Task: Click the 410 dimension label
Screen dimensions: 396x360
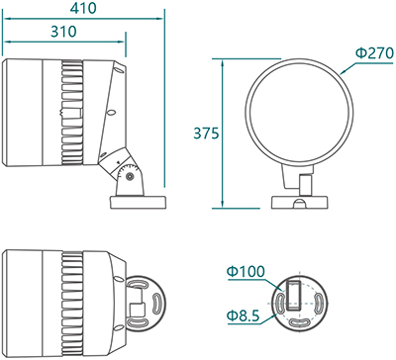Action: tap(83, 8)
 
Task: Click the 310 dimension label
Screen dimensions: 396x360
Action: tap(63, 32)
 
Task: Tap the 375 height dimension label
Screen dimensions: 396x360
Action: tap(206, 134)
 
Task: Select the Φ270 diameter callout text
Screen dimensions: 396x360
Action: tap(374, 53)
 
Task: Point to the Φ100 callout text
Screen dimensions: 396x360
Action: tap(246, 272)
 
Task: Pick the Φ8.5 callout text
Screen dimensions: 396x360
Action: tap(244, 315)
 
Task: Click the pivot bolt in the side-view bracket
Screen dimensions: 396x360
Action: tap(130, 176)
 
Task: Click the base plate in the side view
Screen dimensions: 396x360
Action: tap(138, 202)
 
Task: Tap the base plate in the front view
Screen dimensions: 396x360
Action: tap(299, 202)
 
